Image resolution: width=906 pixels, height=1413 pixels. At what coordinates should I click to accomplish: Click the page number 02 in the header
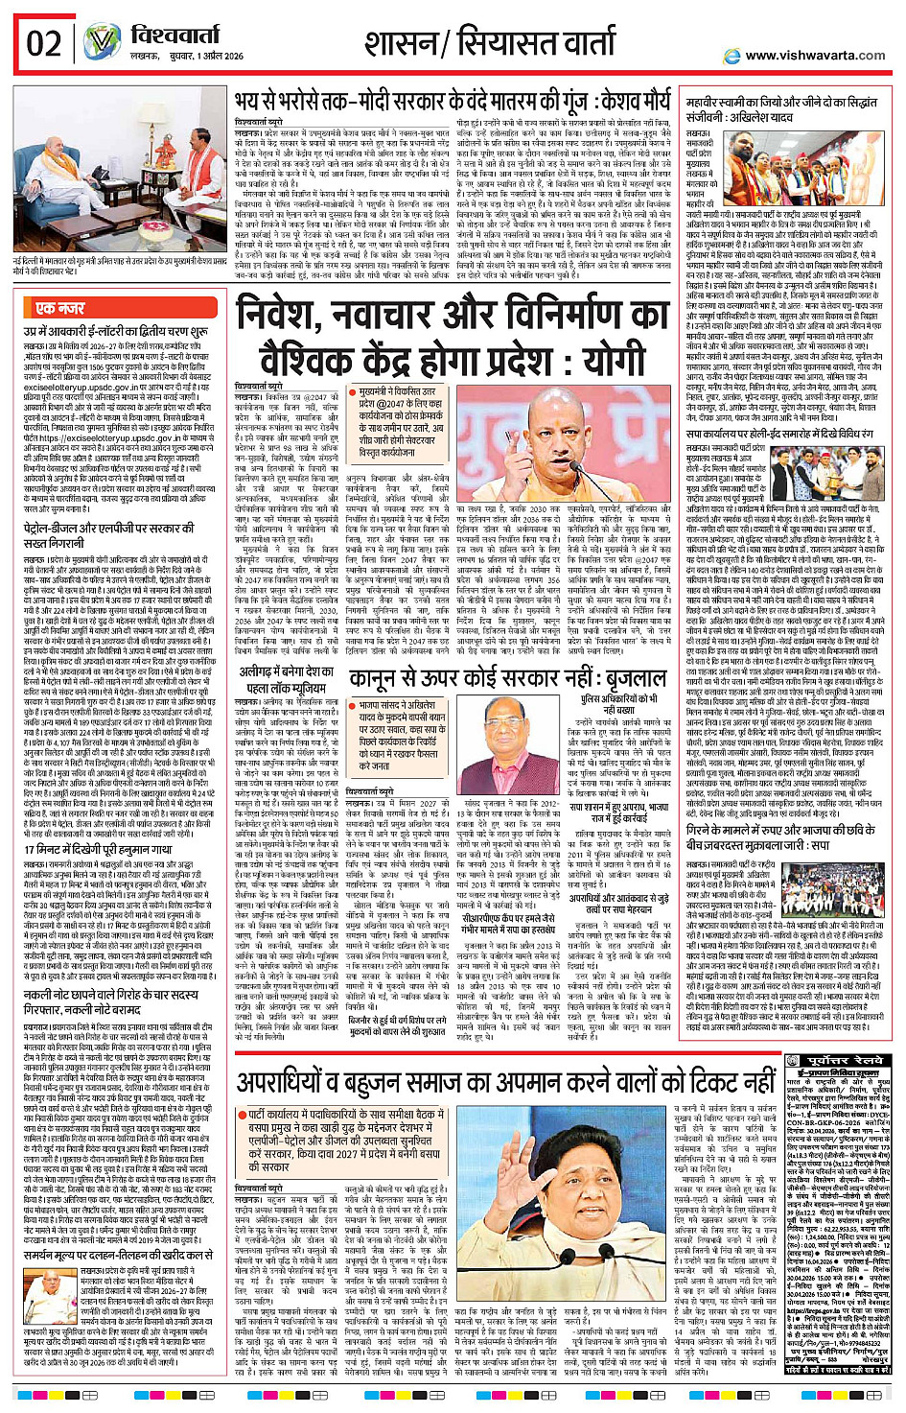[44, 43]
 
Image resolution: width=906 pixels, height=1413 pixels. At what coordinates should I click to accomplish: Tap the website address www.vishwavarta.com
[815, 56]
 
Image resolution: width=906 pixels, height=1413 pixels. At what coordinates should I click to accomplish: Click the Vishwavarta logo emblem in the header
[102, 43]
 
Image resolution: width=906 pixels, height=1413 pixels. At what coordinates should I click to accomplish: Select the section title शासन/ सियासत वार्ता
[489, 43]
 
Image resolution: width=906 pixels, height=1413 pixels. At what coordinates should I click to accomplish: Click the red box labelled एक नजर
[59, 308]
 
